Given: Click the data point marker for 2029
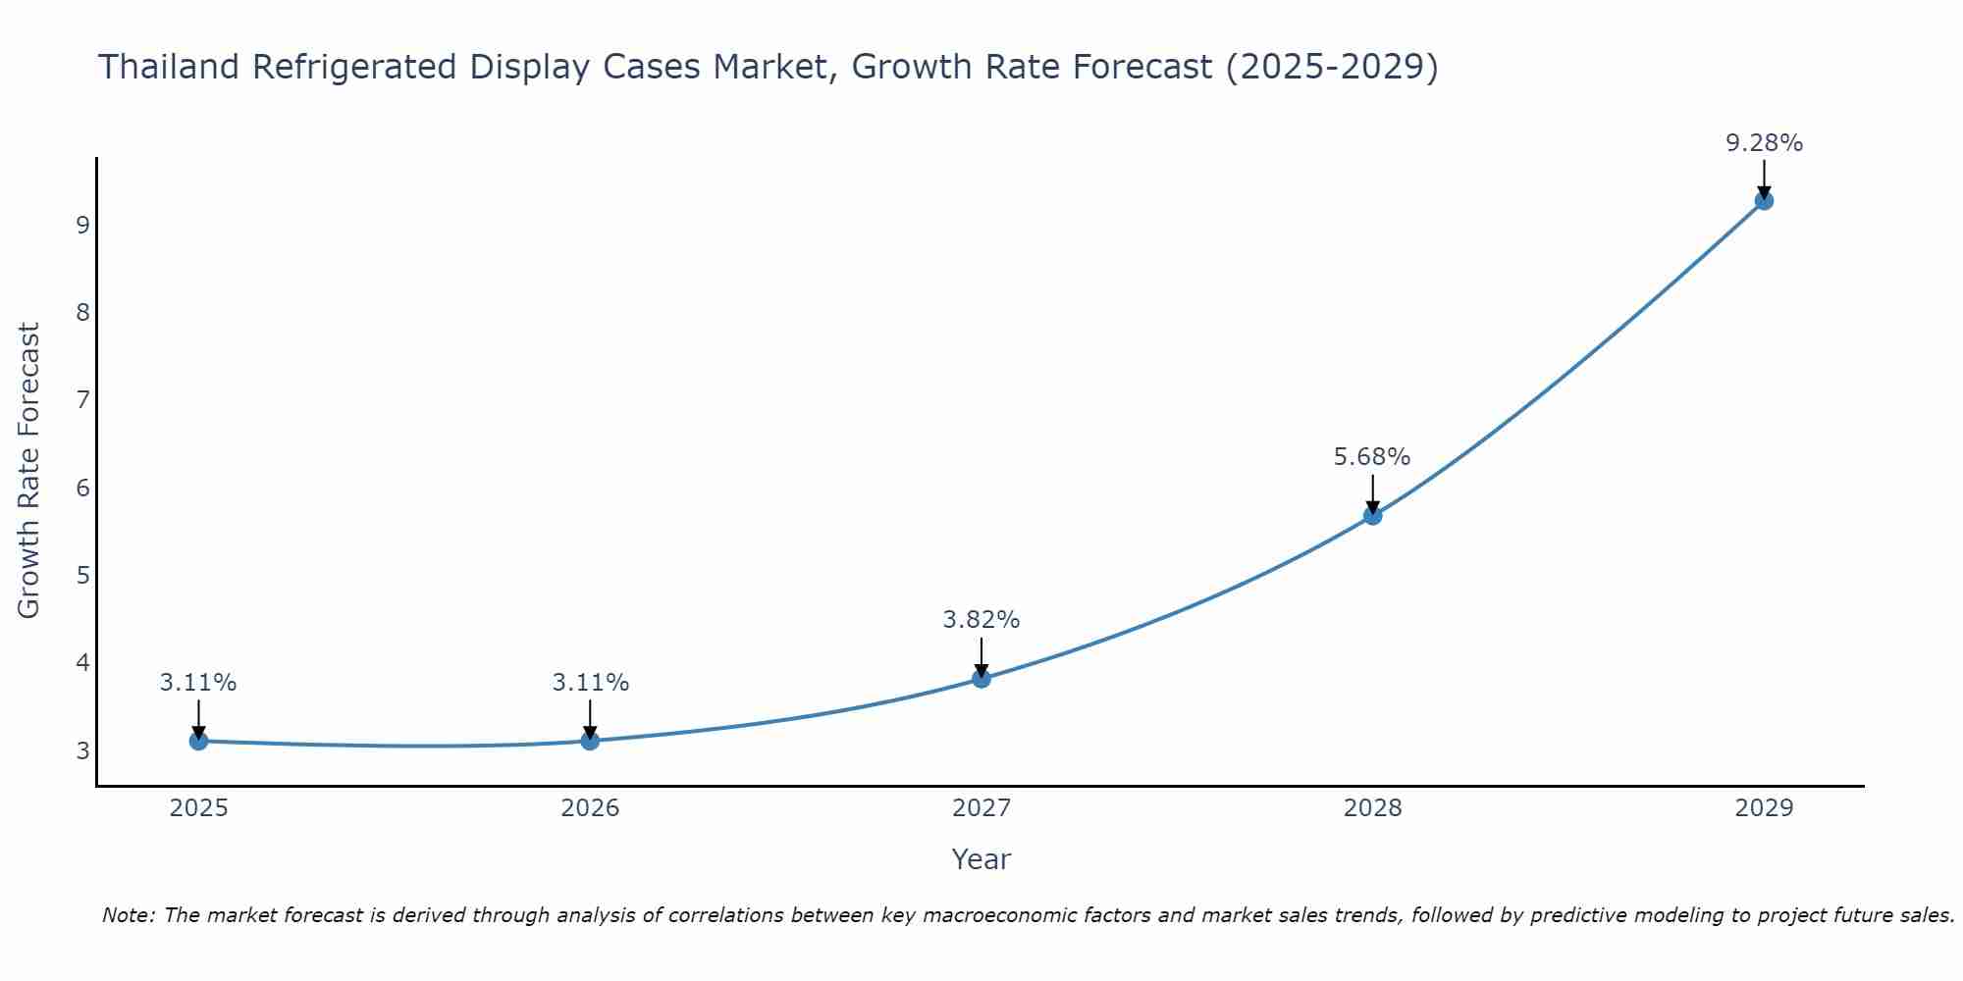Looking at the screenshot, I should (1764, 201).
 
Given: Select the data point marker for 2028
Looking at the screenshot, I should (1372, 516).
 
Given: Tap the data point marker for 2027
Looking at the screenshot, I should (981, 679).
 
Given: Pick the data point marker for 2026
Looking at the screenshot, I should (590, 741).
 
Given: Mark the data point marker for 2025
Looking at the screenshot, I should (198, 741).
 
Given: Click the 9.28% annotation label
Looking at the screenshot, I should (1764, 143).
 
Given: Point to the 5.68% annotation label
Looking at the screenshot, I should (1371, 457).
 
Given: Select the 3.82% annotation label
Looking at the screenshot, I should (981, 620).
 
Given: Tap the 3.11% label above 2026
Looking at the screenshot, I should (590, 683).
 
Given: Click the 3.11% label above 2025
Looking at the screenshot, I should (198, 683).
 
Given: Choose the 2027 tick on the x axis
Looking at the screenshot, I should (981, 808).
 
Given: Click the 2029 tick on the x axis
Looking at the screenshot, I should (1764, 808).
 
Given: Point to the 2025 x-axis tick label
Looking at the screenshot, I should (198, 808).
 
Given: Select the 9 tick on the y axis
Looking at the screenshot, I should (82, 225).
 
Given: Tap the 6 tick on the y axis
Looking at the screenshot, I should (82, 488).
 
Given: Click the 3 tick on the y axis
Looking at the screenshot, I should (82, 750).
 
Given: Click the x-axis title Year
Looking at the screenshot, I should (981, 859).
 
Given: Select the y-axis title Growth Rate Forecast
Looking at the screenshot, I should (29, 471).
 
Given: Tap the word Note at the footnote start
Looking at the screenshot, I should (128, 915).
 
